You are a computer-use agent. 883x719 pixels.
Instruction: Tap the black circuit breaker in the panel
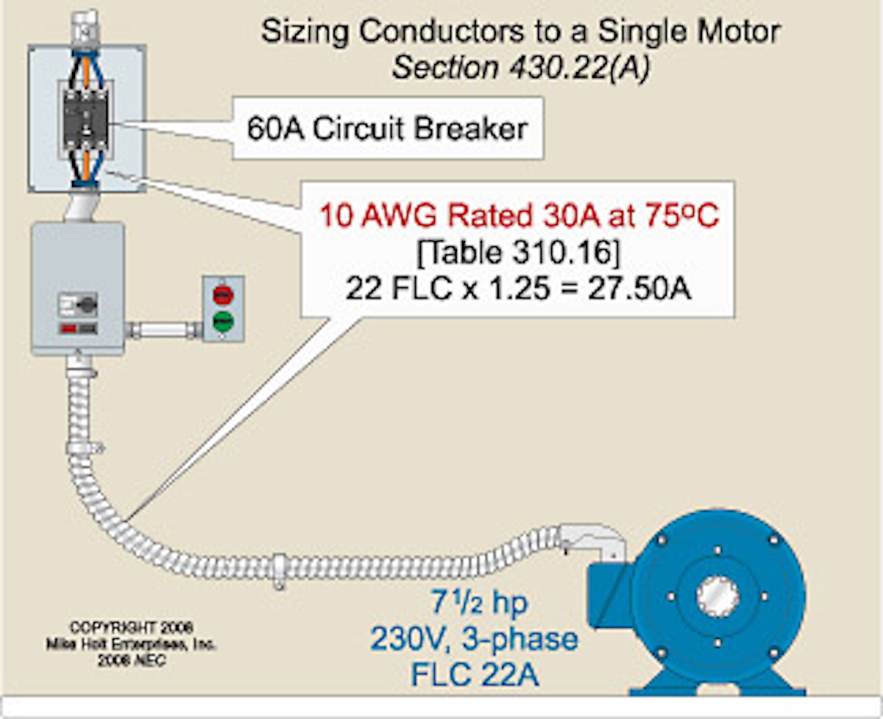[87, 118]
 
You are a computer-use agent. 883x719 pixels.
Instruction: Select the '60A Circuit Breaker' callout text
[388, 129]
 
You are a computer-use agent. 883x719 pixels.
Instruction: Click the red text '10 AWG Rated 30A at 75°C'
[518, 218]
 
